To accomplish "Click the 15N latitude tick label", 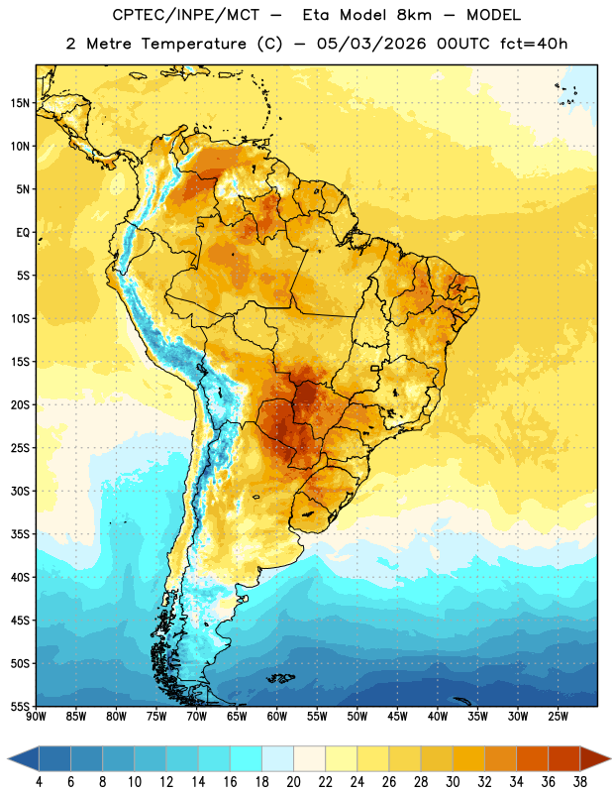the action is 20,103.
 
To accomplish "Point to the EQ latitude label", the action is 23,233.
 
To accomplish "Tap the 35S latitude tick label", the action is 20,534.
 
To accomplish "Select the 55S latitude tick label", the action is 20,706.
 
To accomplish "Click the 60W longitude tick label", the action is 277,717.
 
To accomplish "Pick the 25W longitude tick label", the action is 558,717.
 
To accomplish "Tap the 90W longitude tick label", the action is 36,717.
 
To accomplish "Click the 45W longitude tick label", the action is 397,717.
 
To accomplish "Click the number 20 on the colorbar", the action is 293,782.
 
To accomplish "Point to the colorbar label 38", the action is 580,782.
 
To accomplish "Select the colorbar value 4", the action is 39,782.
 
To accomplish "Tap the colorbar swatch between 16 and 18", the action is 246,758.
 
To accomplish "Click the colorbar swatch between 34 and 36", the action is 532,758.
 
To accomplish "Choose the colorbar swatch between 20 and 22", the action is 309,758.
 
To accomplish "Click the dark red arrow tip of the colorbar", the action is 609,758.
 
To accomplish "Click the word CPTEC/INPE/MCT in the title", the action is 185,15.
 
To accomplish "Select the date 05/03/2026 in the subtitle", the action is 371,44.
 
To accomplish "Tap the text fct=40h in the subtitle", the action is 534,44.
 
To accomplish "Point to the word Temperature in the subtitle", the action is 193,45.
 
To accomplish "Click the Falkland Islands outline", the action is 280,678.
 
